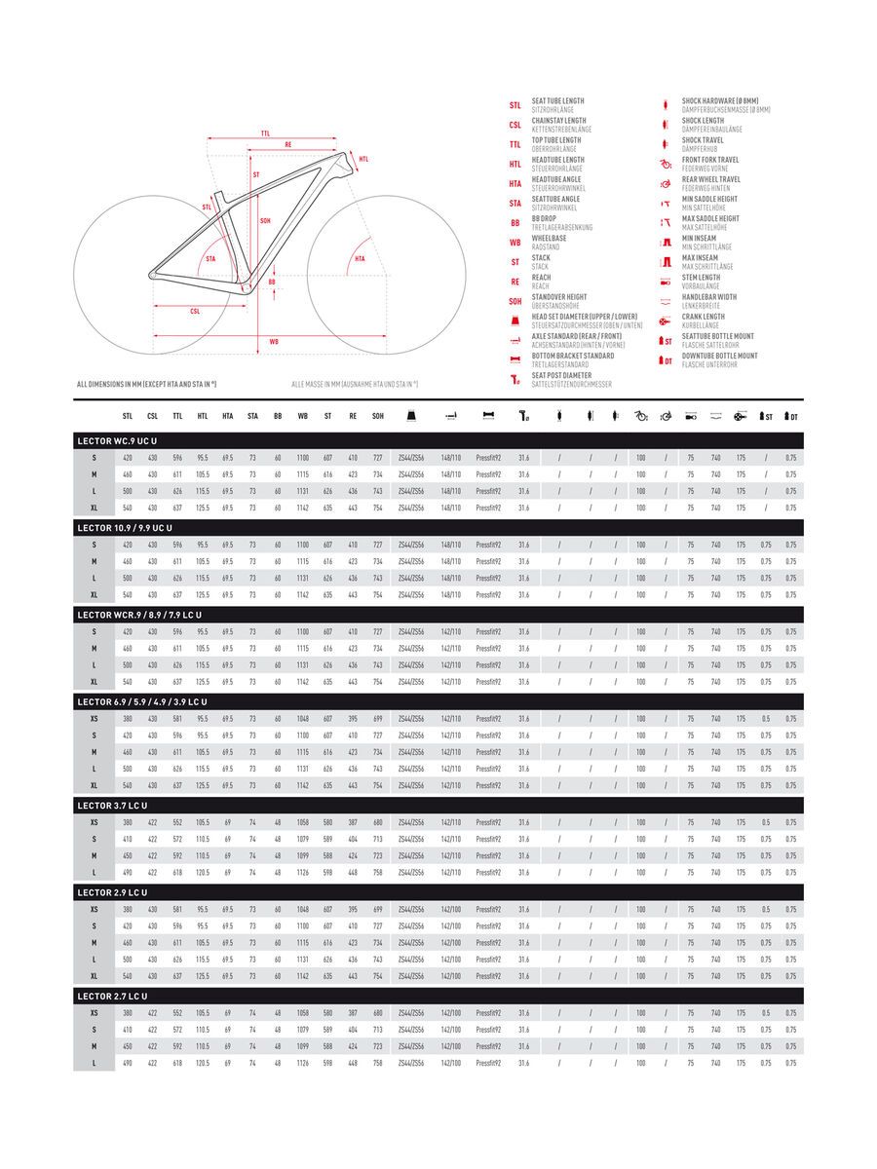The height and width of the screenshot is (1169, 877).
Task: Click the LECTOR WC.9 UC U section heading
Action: (117, 441)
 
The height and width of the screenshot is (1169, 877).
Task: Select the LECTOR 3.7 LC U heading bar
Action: (112, 806)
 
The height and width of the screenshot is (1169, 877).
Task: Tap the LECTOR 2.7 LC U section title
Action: (112, 996)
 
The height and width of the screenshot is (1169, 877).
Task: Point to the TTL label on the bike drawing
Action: (265, 133)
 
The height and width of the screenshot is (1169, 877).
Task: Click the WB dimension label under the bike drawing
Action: (274, 342)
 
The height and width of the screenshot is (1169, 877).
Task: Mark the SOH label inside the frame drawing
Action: (265, 220)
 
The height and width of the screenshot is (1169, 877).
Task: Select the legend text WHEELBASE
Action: (549, 238)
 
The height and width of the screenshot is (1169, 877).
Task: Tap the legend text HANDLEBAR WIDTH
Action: (709, 297)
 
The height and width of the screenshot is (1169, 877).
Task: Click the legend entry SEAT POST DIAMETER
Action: (561, 375)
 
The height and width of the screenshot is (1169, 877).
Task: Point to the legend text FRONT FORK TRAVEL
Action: (710, 160)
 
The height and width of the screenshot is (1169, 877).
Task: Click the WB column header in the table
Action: (302, 416)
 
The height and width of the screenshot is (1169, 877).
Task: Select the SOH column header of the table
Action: (377, 416)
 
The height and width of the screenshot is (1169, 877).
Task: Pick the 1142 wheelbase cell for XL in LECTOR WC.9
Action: (302, 508)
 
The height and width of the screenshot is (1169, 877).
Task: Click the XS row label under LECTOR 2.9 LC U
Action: (94, 909)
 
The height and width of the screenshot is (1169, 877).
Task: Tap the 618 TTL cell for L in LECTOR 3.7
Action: (177, 872)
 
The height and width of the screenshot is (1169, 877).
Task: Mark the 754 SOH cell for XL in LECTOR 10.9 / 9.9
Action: (377, 594)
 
